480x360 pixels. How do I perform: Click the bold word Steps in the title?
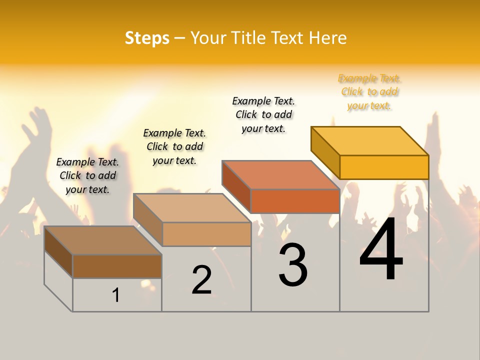pyautogui.click(x=147, y=38)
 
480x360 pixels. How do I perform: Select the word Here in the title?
pyautogui.click(x=327, y=38)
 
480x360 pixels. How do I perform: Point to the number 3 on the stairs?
pyautogui.click(x=292, y=265)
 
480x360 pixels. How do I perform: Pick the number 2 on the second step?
pyautogui.click(x=201, y=280)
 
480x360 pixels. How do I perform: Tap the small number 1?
pyautogui.click(x=116, y=295)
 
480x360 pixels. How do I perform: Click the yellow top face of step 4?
pyautogui.click(x=370, y=140)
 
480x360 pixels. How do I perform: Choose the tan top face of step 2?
pyautogui.click(x=192, y=208)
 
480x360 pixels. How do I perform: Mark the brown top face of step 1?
pyautogui.click(x=103, y=240)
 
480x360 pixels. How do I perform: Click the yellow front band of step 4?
pyautogui.click(x=384, y=167)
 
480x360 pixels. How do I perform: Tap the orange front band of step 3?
pyautogui.click(x=295, y=201)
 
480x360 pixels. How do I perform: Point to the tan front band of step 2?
pyautogui.click(x=206, y=234)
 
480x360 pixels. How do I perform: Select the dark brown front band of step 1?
pyautogui.click(x=117, y=266)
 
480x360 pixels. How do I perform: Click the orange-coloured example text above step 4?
pyautogui.click(x=369, y=92)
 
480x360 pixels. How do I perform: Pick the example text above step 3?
pyautogui.click(x=263, y=114)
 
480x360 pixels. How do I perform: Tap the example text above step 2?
pyautogui.click(x=174, y=146)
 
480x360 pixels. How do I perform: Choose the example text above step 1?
pyautogui.click(x=87, y=175)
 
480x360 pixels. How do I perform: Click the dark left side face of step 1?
pyautogui.click(x=58, y=251)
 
